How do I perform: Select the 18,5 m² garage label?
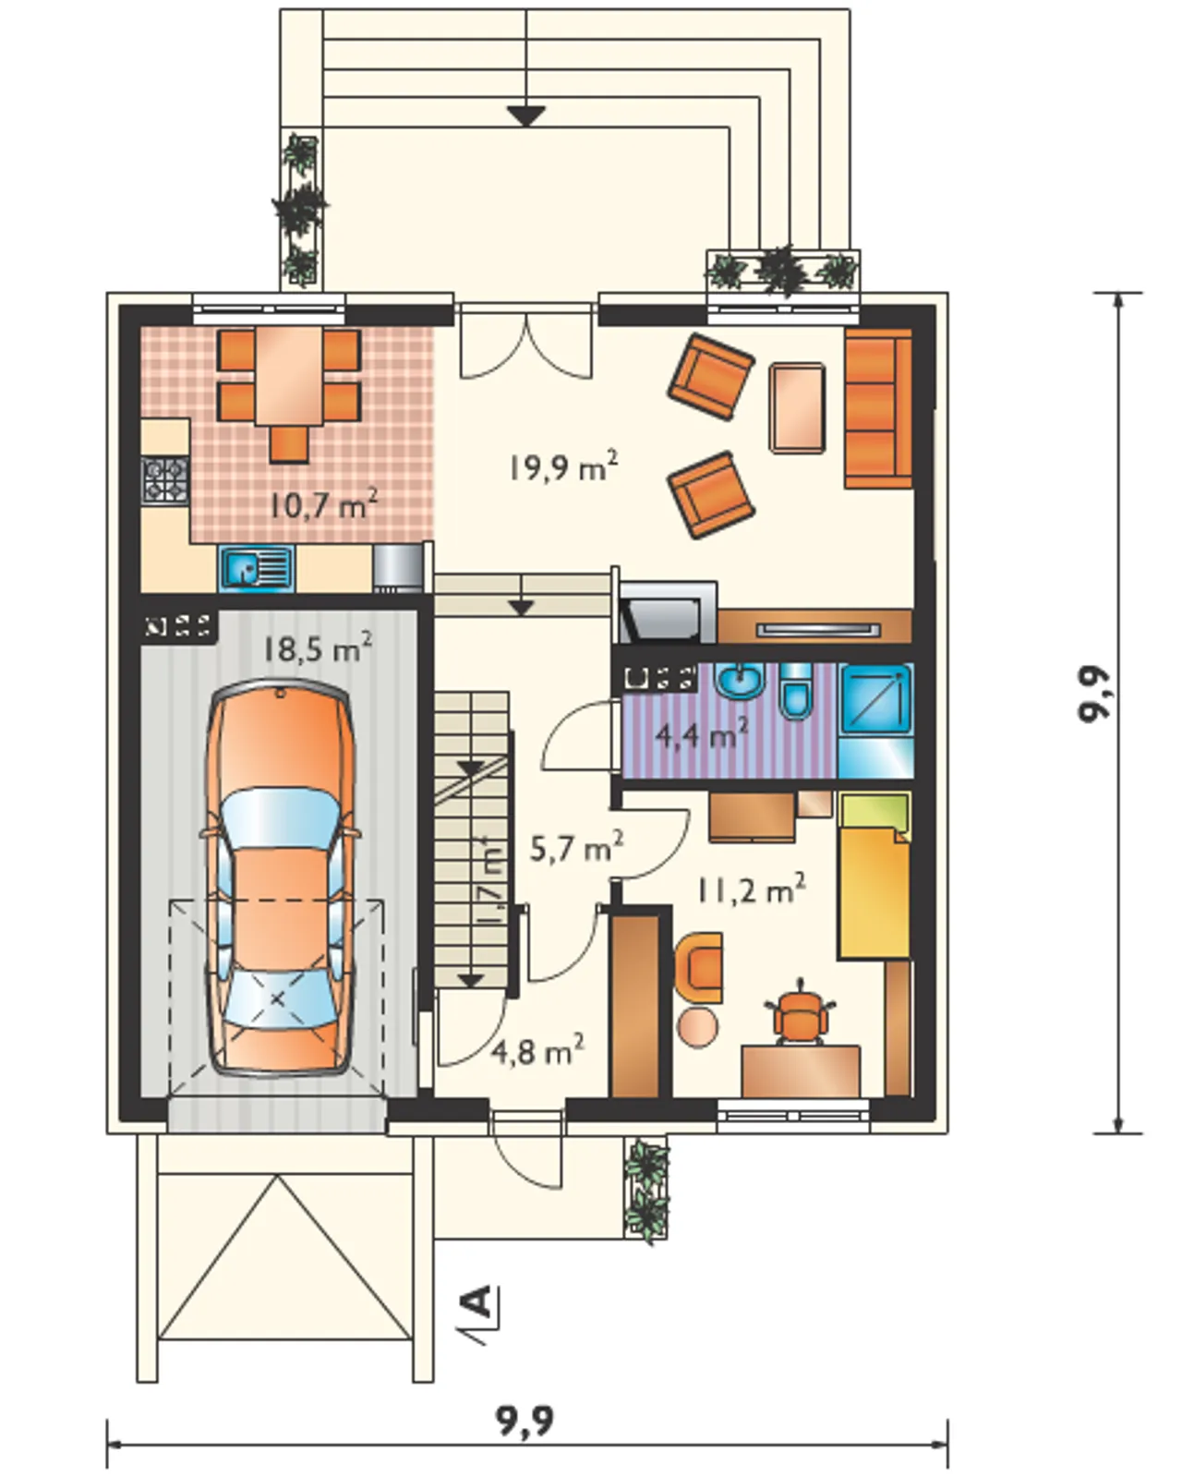pos(319,647)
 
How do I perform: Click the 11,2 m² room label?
pos(752,891)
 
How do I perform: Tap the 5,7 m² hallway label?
pos(577,849)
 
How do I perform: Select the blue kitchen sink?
pos(257,569)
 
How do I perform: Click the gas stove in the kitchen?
pos(164,481)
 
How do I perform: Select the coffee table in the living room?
pos(797,408)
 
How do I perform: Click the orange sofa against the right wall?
pos(878,409)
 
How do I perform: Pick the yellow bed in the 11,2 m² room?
pos(874,875)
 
